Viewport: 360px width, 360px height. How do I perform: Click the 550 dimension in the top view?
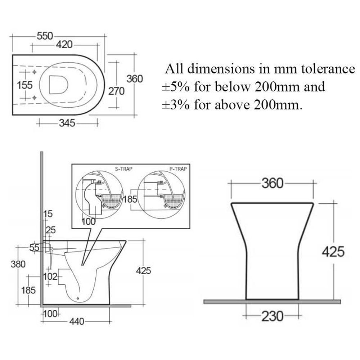pos(45,36)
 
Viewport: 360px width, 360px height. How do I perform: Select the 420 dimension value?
pos(64,45)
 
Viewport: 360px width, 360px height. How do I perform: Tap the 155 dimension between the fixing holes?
pos(25,85)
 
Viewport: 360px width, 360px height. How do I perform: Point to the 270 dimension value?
pos(116,91)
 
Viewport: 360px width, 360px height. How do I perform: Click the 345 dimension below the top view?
pos(67,123)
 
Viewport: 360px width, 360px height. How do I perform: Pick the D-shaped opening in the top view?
pos(59,85)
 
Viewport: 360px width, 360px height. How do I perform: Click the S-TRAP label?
pos(123,169)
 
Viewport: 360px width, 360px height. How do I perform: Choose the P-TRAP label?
pos(178,169)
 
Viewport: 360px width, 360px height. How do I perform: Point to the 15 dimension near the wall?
pos(48,214)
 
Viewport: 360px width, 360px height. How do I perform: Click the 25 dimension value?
pos(51,230)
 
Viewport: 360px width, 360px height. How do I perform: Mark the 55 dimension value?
pos(34,248)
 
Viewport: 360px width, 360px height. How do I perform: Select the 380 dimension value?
pos(18,264)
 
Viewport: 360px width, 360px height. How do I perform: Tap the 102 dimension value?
pos(50,276)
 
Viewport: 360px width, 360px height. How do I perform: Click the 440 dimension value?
pos(77,321)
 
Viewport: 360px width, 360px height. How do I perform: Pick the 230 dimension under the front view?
pos(272,316)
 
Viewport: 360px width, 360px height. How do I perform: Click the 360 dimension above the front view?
pos(272,184)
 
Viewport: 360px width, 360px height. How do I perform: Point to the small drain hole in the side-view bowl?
pos(78,298)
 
